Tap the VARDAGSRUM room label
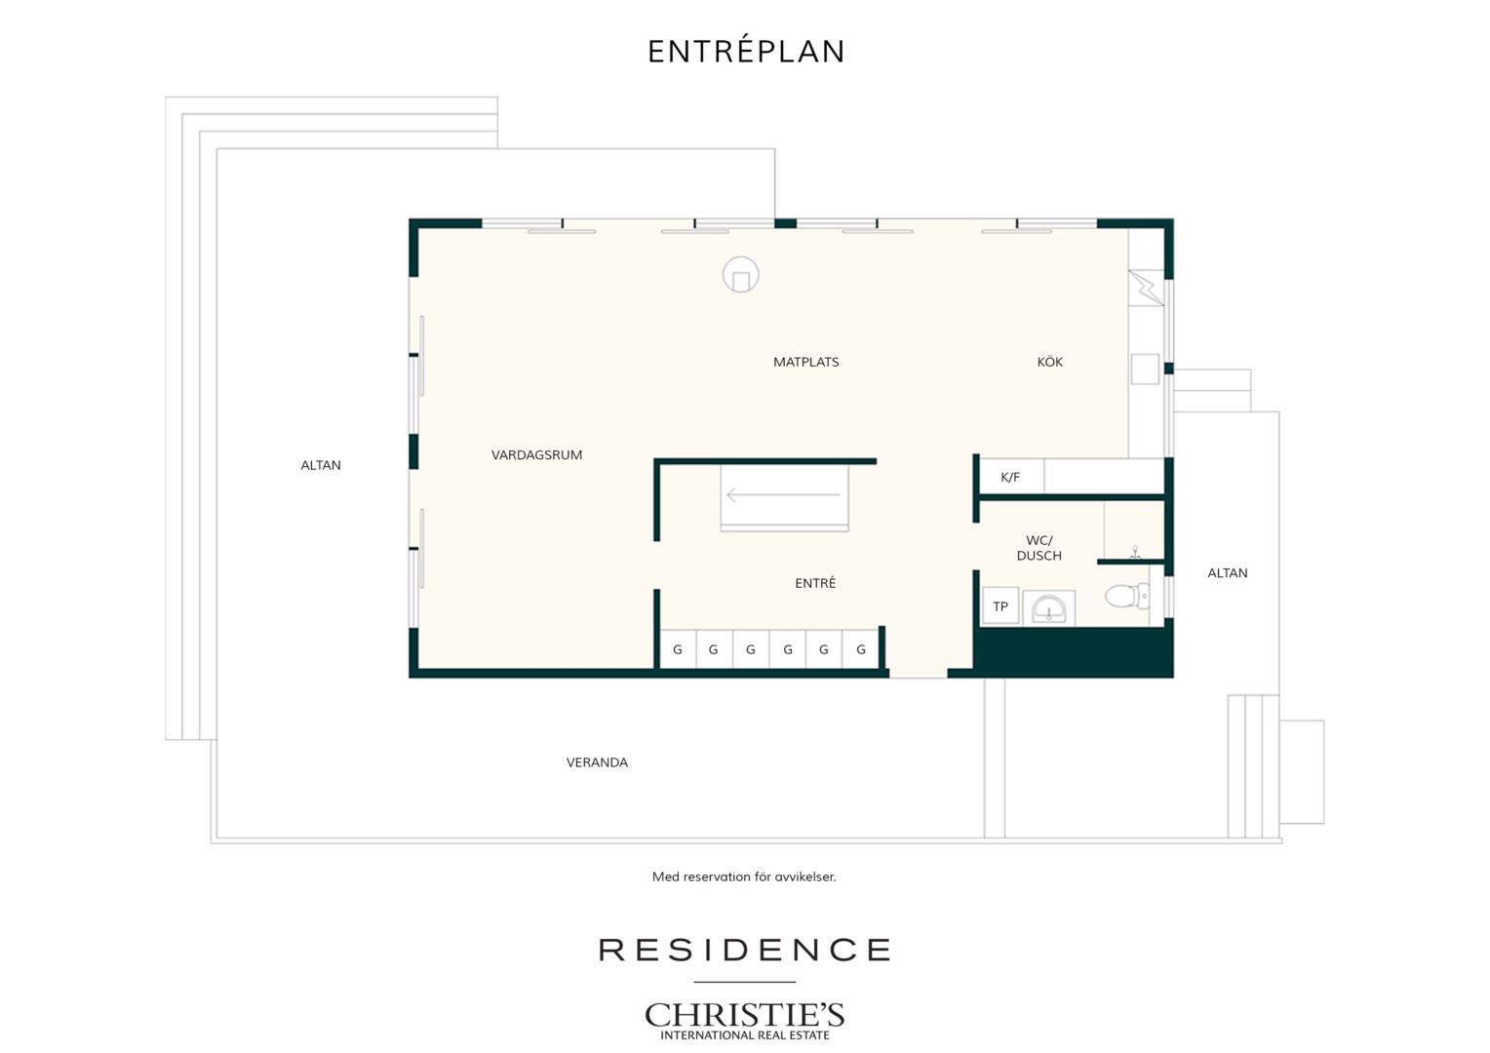(x=536, y=455)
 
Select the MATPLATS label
(x=805, y=362)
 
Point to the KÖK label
(x=1049, y=361)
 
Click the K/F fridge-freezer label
(x=1009, y=477)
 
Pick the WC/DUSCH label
(x=1039, y=548)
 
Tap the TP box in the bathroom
(x=1000, y=605)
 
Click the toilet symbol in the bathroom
(x=1127, y=596)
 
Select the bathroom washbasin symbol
(x=1048, y=607)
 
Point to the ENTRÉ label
(x=815, y=583)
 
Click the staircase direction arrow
(x=783, y=494)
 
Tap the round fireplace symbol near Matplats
(x=740, y=274)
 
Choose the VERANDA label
(x=597, y=762)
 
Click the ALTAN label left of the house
(x=321, y=465)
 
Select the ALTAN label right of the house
(x=1228, y=572)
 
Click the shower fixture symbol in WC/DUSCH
(x=1135, y=552)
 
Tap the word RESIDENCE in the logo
(x=744, y=950)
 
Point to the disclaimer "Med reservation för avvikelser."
(x=744, y=877)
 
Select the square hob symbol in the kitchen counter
(x=1145, y=370)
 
